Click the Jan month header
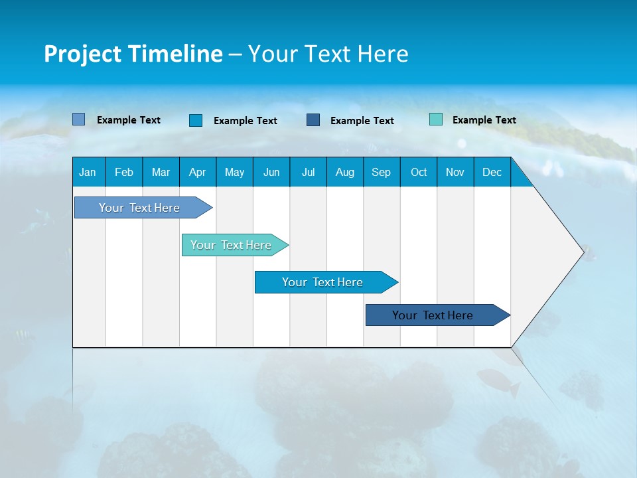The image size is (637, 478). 88,172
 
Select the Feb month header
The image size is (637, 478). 124,172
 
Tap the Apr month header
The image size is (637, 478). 197,172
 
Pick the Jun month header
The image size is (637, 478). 271,172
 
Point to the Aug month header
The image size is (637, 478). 344,172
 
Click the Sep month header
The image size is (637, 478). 381,172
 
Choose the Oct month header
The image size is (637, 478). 419,172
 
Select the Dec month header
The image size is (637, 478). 492,172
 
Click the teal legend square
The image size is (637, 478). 436,119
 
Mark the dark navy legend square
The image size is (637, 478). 313,120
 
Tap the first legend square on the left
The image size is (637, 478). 79,119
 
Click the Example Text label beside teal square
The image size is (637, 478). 484,120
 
